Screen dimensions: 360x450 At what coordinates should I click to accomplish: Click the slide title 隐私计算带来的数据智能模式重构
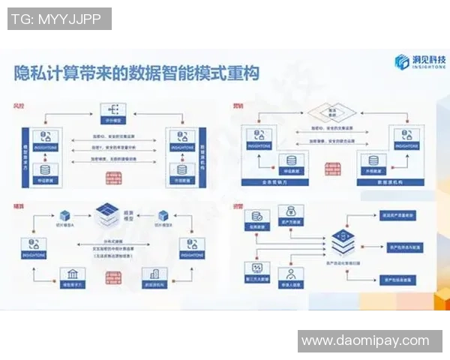click(136, 73)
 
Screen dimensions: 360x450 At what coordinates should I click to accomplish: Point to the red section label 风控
click(18, 104)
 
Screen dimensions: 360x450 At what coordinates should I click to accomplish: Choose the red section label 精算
click(18, 205)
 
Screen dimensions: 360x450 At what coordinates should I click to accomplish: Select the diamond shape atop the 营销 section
click(330, 111)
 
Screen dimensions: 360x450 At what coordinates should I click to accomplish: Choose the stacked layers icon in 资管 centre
click(342, 242)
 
